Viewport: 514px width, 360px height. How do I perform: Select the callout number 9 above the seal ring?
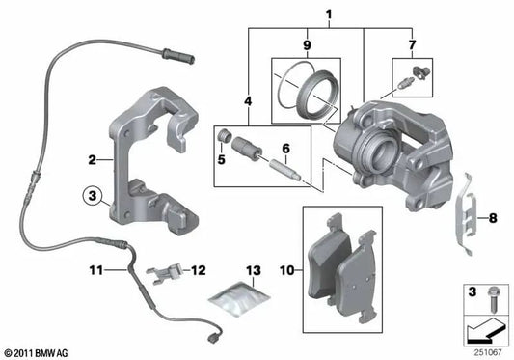(x=306, y=45)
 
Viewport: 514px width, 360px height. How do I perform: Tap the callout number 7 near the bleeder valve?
(x=414, y=45)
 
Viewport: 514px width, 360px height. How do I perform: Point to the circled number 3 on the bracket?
(x=91, y=197)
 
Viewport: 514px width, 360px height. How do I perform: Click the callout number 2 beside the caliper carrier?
(x=91, y=160)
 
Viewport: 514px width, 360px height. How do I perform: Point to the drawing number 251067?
(x=487, y=350)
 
